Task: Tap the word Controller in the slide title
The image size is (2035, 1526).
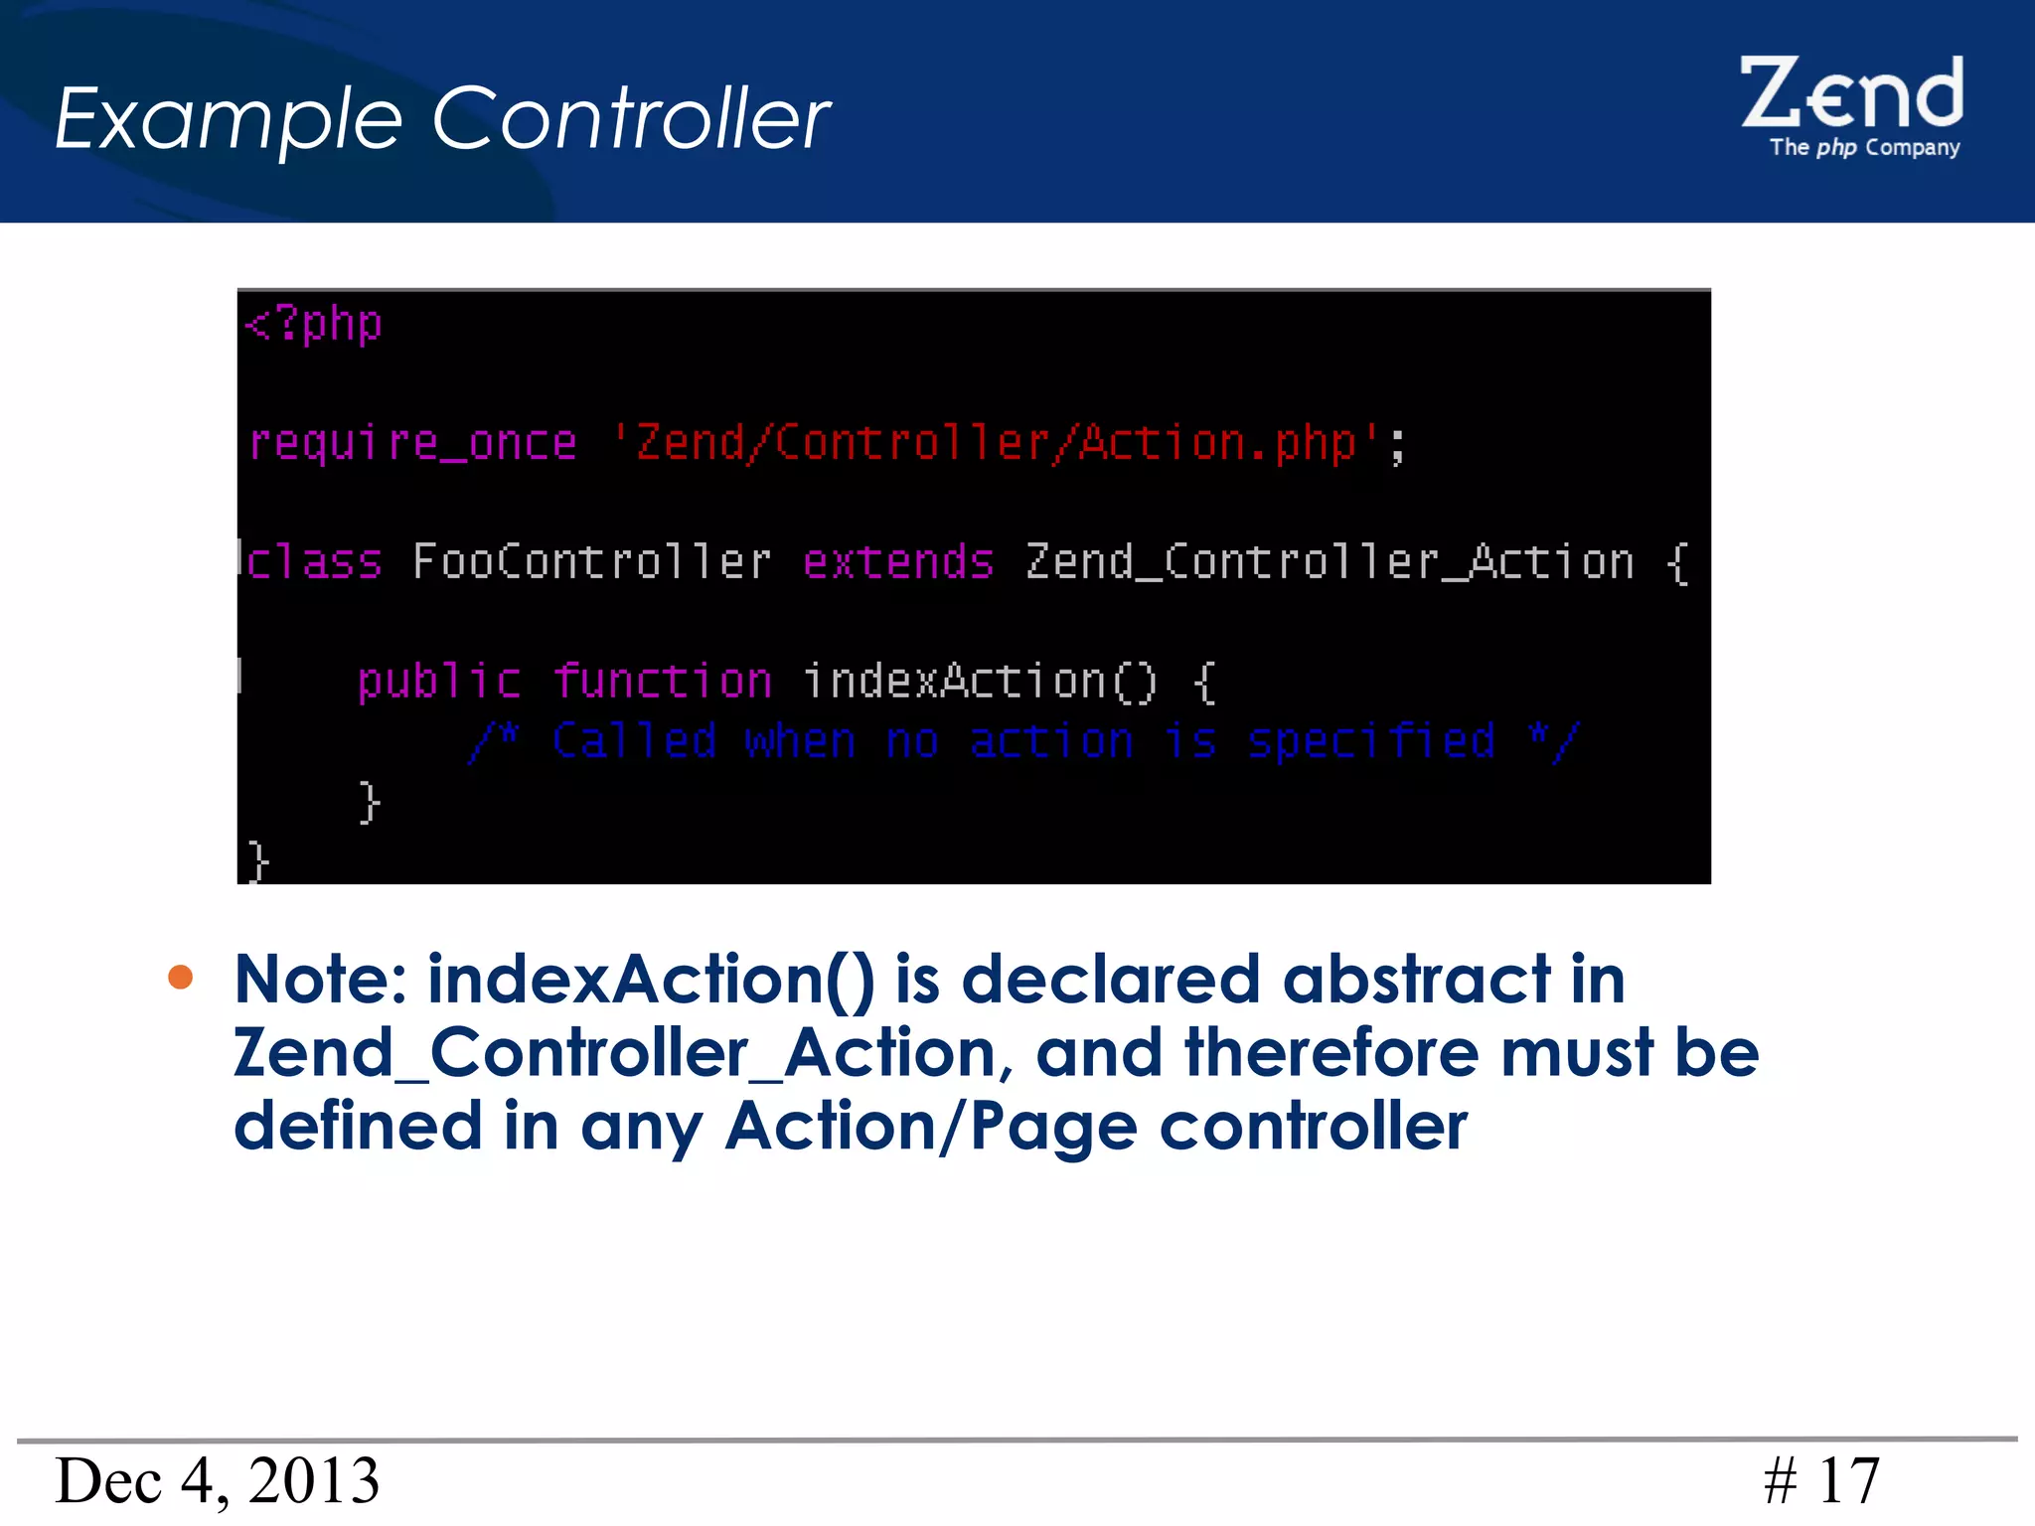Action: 631,118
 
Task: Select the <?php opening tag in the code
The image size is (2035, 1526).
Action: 314,325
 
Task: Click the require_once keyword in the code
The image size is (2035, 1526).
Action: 412,443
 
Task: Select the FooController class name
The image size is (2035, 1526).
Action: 592,562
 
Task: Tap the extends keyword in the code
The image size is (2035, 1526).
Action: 898,562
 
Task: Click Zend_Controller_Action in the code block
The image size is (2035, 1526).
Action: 1330,562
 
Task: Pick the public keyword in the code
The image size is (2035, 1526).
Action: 438,682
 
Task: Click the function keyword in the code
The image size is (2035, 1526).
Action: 662,682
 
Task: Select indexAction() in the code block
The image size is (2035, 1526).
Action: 980,682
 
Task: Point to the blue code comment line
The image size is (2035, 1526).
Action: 1023,741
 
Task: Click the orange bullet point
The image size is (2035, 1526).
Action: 181,978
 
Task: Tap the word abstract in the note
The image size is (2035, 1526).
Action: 1417,980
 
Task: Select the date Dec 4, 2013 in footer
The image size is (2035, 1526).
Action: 218,1480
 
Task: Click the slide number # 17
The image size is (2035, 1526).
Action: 1821,1480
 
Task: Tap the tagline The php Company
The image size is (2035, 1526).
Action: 1864,148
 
